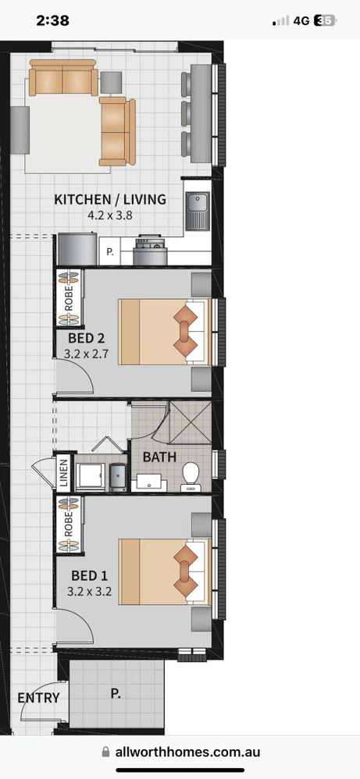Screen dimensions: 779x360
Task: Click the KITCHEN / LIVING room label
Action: pyautogui.click(x=109, y=199)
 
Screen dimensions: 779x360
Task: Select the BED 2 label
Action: pyautogui.click(x=87, y=338)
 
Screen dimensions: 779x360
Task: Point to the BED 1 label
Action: pyautogui.click(x=90, y=575)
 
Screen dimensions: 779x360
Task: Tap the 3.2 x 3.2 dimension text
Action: pyautogui.click(x=90, y=592)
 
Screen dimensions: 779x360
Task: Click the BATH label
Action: pyautogui.click(x=159, y=457)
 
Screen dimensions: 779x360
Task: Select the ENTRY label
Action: pyautogui.click(x=38, y=697)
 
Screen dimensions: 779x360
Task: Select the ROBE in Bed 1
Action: pyautogui.click(x=69, y=525)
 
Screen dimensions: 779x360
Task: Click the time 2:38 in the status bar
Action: pyautogui.click(x=53, y=21)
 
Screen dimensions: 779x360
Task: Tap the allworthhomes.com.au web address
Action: pyautogui.click(x=187, y=752)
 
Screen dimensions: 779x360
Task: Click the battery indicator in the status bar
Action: pyautogui.click(x=325, y=21)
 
